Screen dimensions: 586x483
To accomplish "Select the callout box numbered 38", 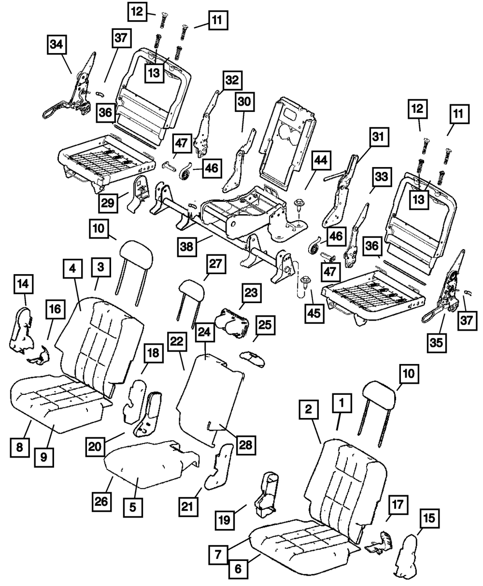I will pyautogui.click(x=187, y=247).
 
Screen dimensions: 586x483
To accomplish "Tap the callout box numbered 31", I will pyautogui.click(x=380, y=137).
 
